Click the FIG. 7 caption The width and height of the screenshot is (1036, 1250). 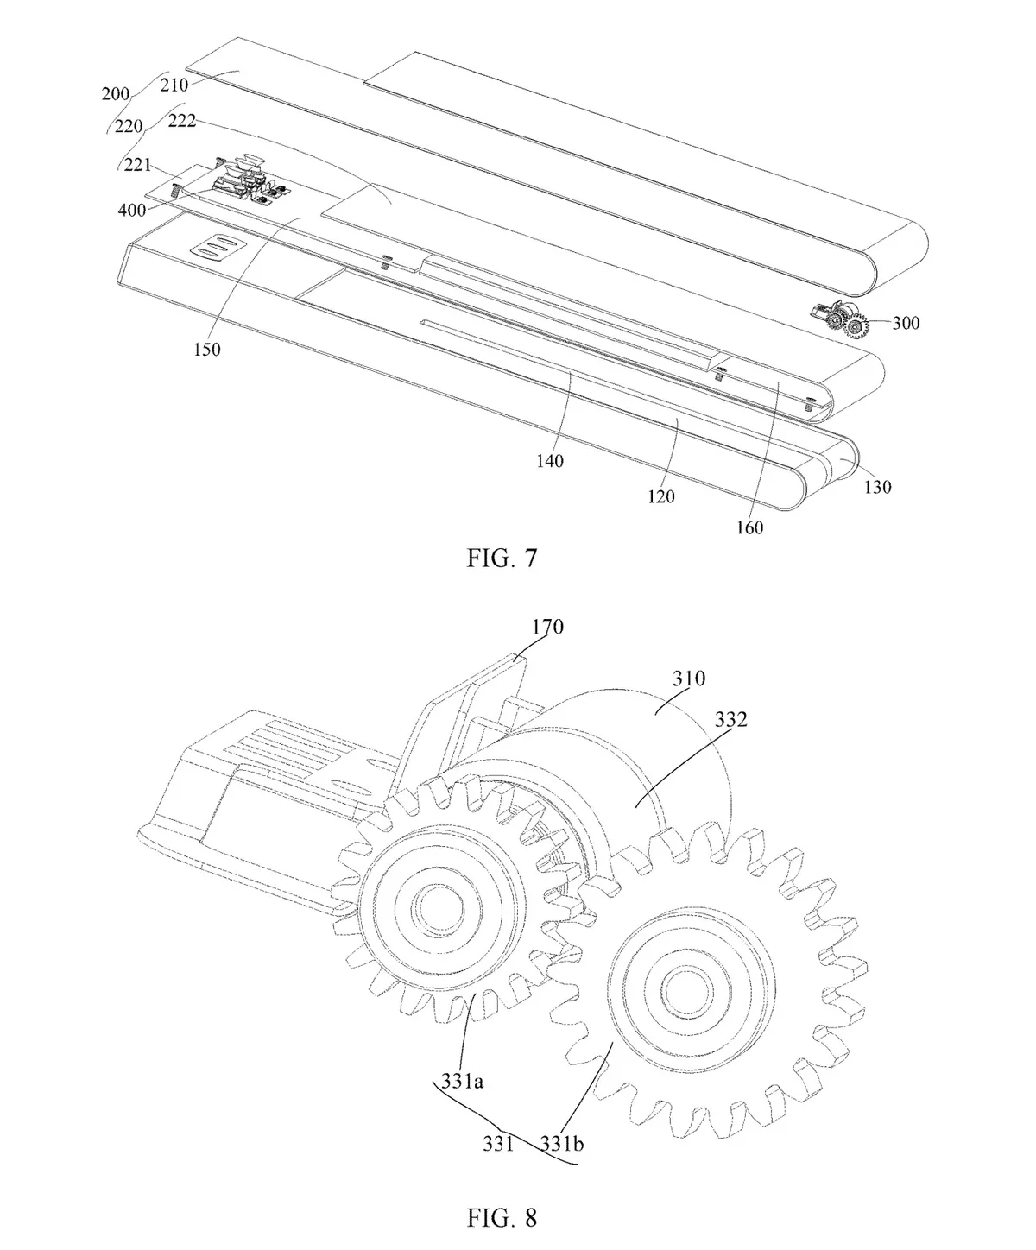click(502, 558)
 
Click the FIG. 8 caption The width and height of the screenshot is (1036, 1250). click(502, 1218)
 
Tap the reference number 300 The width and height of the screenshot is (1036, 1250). click(906, 323)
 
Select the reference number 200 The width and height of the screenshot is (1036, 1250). click(116, 94)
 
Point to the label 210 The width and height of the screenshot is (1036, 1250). click(174, 85)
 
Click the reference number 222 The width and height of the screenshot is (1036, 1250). click(182, 121)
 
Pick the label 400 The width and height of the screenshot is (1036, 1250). click(132, 210)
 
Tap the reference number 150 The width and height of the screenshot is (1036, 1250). click(206, 350)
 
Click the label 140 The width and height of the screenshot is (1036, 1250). click(550, 461)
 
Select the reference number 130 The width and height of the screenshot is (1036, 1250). click(877, 487)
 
